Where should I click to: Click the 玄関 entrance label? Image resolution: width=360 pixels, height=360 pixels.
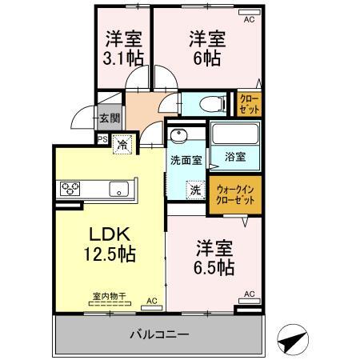110,118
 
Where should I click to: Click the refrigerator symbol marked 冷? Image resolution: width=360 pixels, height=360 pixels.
122,145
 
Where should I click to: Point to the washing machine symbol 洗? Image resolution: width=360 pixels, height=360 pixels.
195,190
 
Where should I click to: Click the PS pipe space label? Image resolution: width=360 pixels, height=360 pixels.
102,138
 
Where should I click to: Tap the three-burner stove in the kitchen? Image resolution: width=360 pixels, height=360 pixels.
70,190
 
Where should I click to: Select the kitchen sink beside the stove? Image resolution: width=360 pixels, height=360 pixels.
120,190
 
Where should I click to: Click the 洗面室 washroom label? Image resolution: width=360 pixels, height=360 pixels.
185,159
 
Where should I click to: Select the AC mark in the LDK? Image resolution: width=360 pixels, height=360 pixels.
151,302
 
